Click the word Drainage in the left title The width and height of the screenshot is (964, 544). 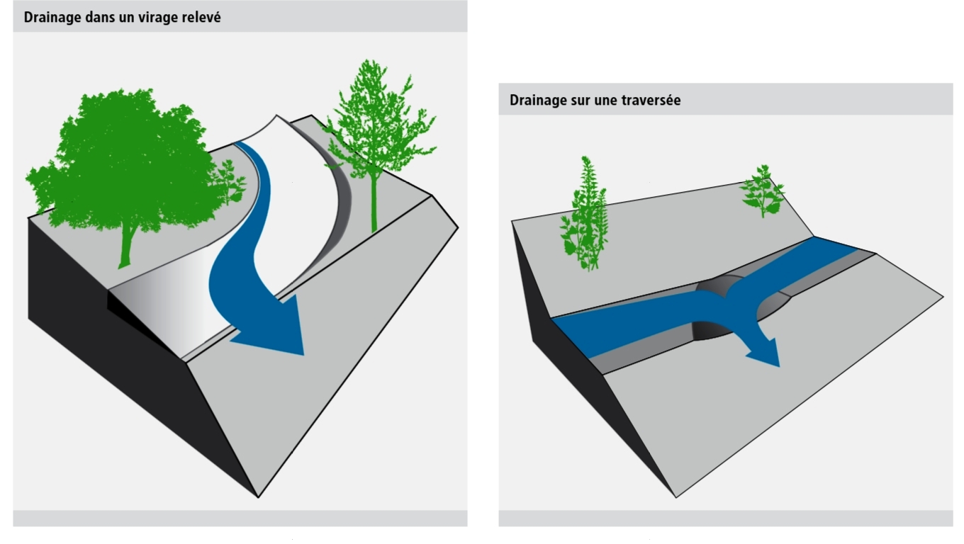click(x=52, y=17)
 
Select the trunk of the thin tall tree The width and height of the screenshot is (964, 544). click(x=374, y=205)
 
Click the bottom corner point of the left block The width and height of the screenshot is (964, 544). click(x=258, y=497)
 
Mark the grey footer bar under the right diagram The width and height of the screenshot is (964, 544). click(x=725, y=518)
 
